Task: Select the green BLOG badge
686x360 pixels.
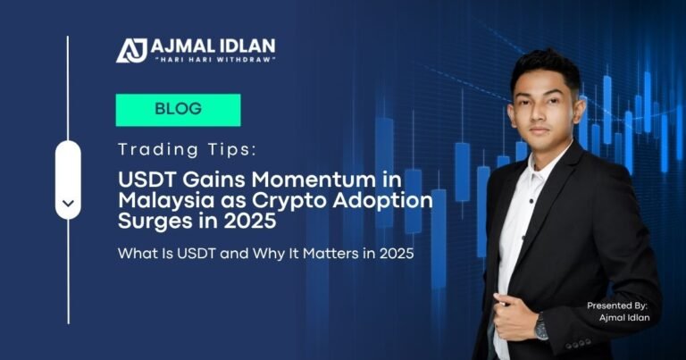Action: tap(178, 110)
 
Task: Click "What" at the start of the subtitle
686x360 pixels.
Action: tap(136, 254)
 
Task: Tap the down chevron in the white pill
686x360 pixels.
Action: tap(68, 202)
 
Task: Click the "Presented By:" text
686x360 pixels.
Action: tap(617, 306)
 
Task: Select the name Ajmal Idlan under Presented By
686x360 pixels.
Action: tap(623, 319)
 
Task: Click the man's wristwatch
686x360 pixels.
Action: tap(541, 328)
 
